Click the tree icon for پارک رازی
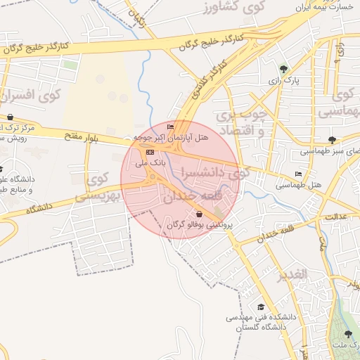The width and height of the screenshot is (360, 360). [x=283, y=69]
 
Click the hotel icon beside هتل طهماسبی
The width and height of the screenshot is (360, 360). [x=299, y=174]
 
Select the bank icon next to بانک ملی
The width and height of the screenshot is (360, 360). [x=148, y=152]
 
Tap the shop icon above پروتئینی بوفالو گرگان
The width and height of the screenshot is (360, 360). [x=199, y=214]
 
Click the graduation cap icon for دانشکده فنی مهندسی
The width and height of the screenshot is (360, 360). [x=262, y=307]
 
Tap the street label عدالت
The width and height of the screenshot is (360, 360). [x=337, y=217]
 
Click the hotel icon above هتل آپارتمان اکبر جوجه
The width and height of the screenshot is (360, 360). [x=170, y=127]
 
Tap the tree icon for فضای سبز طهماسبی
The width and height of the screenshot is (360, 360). [x=331, y=140]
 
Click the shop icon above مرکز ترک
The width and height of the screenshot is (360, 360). [x=10, y=117]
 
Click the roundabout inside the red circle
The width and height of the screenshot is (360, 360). [x=153, y=176]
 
